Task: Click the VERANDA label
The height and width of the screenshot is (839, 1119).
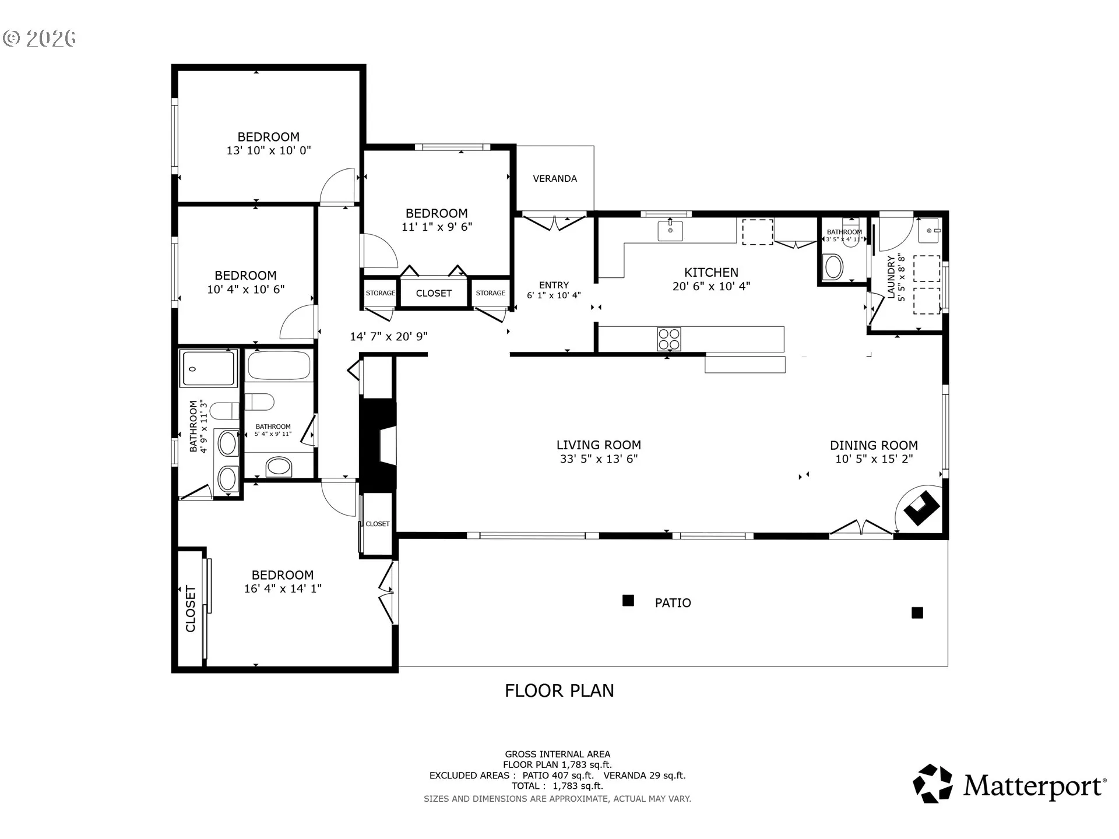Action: click(x=555, y=179)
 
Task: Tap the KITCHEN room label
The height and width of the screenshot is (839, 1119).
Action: click(x=711, y=272)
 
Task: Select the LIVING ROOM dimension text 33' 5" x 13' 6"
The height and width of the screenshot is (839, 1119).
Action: click(x=599, y=459)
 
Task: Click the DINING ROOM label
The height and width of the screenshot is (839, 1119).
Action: click(x=874, y=445)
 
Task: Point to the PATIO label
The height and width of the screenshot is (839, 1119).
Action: click(x=673, y=603)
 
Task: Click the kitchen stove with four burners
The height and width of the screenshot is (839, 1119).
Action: click(x=668, y=339)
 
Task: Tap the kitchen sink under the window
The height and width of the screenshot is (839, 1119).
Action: click(x=670, y=231)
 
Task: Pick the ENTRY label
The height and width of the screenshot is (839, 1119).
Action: click(x=554, y=285)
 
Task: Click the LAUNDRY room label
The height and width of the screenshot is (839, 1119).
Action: click(x=891, y=277)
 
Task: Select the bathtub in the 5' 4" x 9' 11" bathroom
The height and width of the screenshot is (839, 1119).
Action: click(x=279, y=366)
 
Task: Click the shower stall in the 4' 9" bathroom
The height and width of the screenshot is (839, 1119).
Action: click(x=209, y=368)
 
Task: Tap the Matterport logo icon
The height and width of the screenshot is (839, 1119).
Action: click(x=932, y=784)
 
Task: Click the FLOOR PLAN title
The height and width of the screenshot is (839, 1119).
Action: click(x=559, y=690)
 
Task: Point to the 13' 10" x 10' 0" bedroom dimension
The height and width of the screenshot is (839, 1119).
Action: click(x=269, y=150)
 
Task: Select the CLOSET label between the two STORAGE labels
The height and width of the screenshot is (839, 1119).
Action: click(x=434, y=293)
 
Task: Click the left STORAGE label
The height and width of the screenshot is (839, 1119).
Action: click(x=381, y=293)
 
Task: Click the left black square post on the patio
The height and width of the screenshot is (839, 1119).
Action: click(x=628, y=600)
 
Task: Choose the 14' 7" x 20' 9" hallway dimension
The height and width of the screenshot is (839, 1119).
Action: click(x=389, y=336)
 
